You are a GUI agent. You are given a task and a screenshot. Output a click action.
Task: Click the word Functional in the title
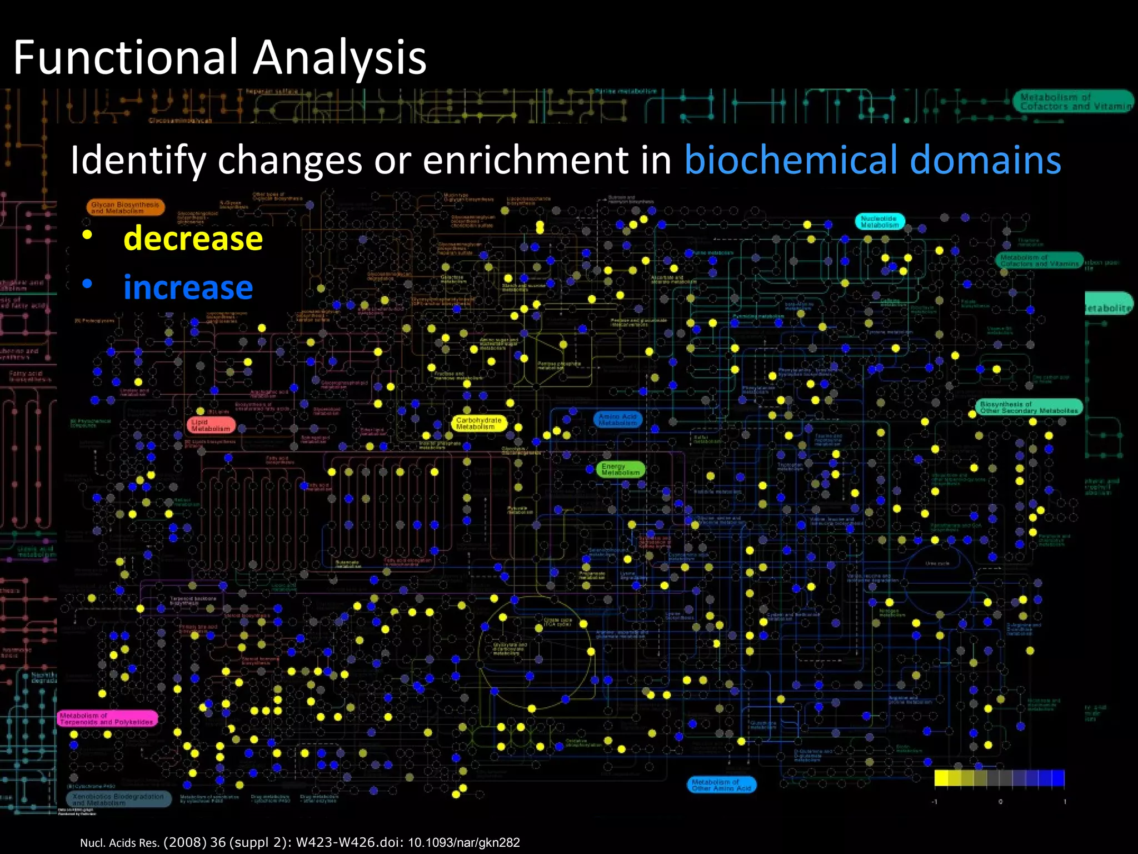coord(126,57)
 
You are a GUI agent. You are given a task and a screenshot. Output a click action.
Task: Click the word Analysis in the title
coord(340,57)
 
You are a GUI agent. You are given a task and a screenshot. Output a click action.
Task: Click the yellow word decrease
coord(193,239)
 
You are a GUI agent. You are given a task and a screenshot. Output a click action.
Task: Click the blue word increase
coord(188,287)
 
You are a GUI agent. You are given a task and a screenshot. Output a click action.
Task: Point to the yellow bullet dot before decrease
coord(87,235)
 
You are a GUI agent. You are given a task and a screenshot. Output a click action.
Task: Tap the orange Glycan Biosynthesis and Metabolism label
coord(126,207)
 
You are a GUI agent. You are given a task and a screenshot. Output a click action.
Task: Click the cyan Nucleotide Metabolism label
coord(879,221)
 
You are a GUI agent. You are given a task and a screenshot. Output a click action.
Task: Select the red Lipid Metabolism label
coord(211,425)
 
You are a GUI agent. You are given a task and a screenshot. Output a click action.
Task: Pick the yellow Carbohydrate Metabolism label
coord(478,423)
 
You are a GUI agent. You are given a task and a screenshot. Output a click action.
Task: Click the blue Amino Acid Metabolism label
coord(617,419)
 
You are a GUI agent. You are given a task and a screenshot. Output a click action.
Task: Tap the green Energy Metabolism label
coord(620,469)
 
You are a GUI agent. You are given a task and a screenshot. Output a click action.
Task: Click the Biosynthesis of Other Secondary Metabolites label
coord(1029,407)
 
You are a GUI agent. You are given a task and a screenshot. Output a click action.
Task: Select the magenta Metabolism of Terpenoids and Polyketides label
coord(107,718)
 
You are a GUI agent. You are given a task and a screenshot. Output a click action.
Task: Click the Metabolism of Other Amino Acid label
coord(721,785)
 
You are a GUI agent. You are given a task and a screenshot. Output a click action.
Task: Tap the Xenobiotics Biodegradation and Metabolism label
coord(118,799)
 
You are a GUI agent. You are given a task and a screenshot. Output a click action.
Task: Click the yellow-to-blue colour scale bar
coord(999,778)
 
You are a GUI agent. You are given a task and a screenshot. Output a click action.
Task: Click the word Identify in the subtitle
coord(138,160)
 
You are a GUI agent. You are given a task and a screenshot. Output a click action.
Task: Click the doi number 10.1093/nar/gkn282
coord(464,842)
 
